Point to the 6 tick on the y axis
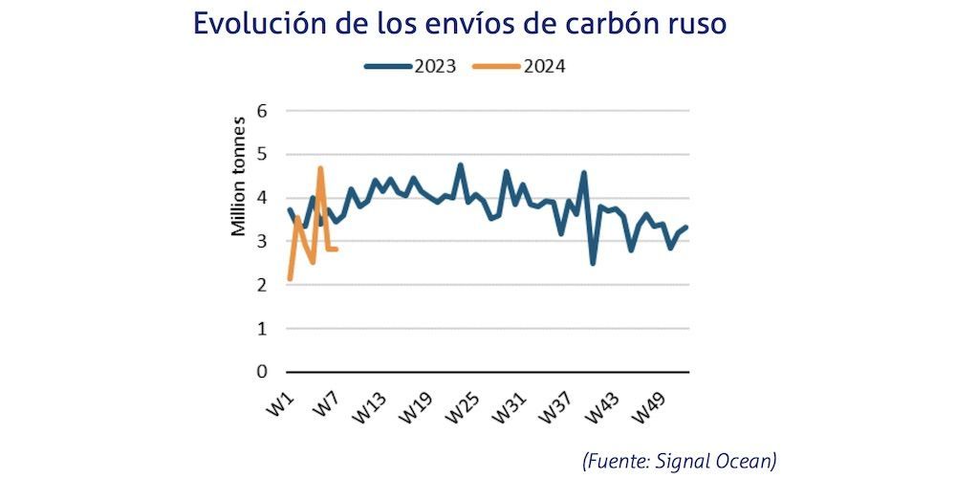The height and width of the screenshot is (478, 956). coord(262,111)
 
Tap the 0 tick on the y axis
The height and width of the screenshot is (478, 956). coord(262,372)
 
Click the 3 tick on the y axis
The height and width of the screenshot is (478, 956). coord(262,241)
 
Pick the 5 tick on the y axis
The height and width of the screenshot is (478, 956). coord(262,154)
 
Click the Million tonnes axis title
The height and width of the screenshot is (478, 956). coord(238,176)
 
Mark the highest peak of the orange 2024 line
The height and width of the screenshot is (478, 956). coord(320,168)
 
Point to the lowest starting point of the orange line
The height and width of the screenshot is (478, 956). coord(290,279)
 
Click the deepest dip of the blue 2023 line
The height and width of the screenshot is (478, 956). coord(593,263)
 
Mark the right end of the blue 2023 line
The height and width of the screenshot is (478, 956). coord(686,227)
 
